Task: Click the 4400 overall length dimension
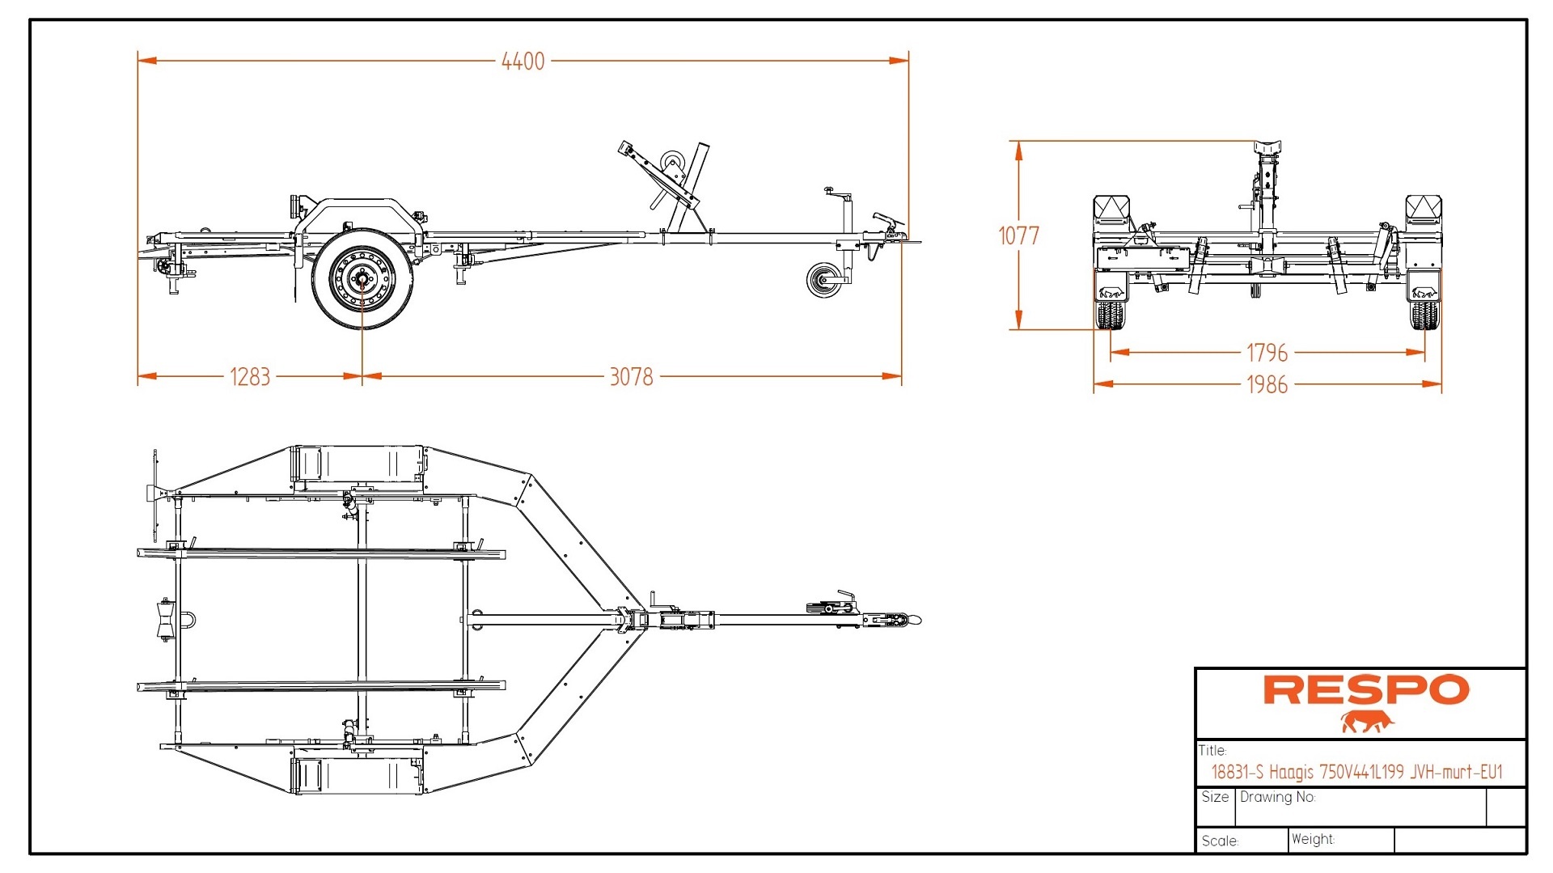pyautogui.click(x=523, y=61)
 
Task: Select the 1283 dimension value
pyautogui.click(x=250, y=377)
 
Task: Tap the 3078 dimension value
pyautogui.click(x=631, y=377)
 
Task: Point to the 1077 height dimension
pyautogui.click(x=1018, y=235)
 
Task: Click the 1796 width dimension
pyautogui.click(x=1267, y=353)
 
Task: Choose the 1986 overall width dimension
pyautogui.click(x=1267, y=384)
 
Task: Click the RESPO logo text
pyautogui.click(x=1365, y=690)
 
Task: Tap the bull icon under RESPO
pyautogui.click(x=1367, y=722)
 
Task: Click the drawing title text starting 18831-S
pyautogui.click(x=1356, y=772)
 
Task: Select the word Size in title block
pyautogui.click(x=1215, y=797)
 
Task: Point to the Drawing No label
pyautogui.click(x=1277, y=797)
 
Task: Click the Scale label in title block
pyautogui.click(x=1220, y=841)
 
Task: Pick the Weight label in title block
pyautogui.click(x=1313, y=840)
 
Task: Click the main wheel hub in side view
pyautogui.click(x=361, y=279)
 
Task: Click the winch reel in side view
pyautogui.click(x=671, y=163)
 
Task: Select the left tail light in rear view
pyautogui.click(x=1111, y=210)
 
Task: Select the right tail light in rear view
pyautogui.click(x=1423, y=210)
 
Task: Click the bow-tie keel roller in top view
pyautogui.click(x=166, y=621)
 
